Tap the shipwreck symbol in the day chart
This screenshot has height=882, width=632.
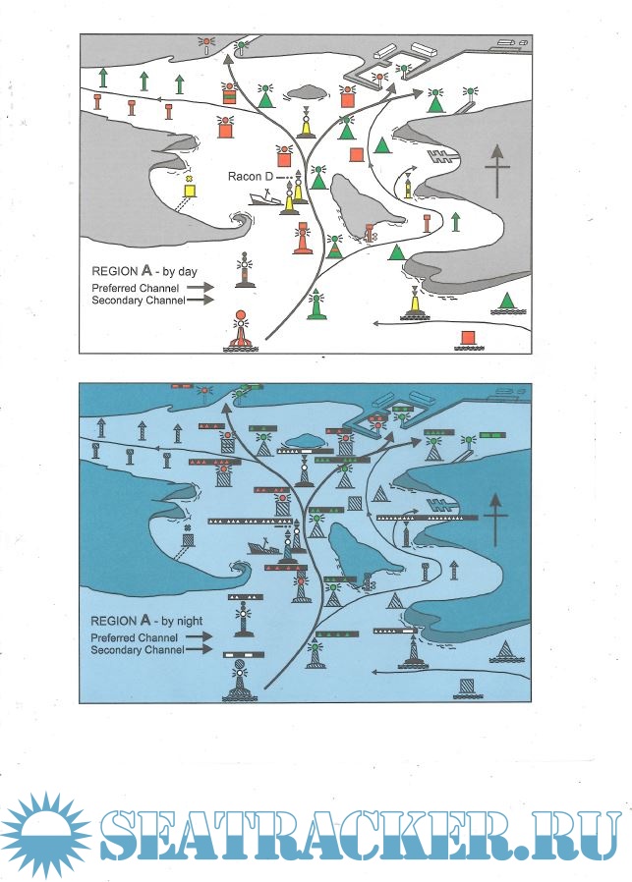click(264, 199)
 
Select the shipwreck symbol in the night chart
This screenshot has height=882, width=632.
click(262, 547)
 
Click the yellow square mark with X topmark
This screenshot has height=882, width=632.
click(191, 188)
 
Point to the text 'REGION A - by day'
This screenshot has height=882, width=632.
click(144, 271)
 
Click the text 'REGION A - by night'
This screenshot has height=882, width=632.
click(146, 621)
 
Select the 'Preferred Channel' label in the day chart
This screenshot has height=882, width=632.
click(136, 288)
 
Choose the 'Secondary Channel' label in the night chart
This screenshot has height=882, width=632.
click(138, 650)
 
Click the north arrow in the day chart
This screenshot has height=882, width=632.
click(497, 171)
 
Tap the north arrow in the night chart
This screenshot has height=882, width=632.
click(495, 520)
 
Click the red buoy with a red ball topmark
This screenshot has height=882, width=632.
click(242, 332)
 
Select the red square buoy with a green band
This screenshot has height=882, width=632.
click(229, 93)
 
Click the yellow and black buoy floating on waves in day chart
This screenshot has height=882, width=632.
click(415, 303)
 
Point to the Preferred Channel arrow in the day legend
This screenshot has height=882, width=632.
click(201, 287)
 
